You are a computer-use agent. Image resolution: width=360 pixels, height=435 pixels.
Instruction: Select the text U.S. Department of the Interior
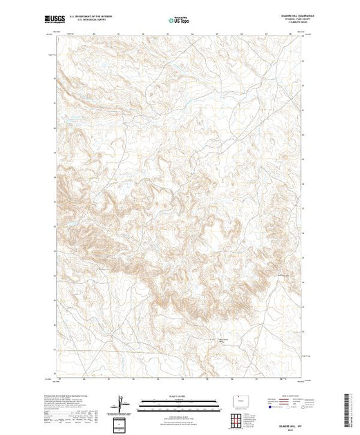coord(95,18)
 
